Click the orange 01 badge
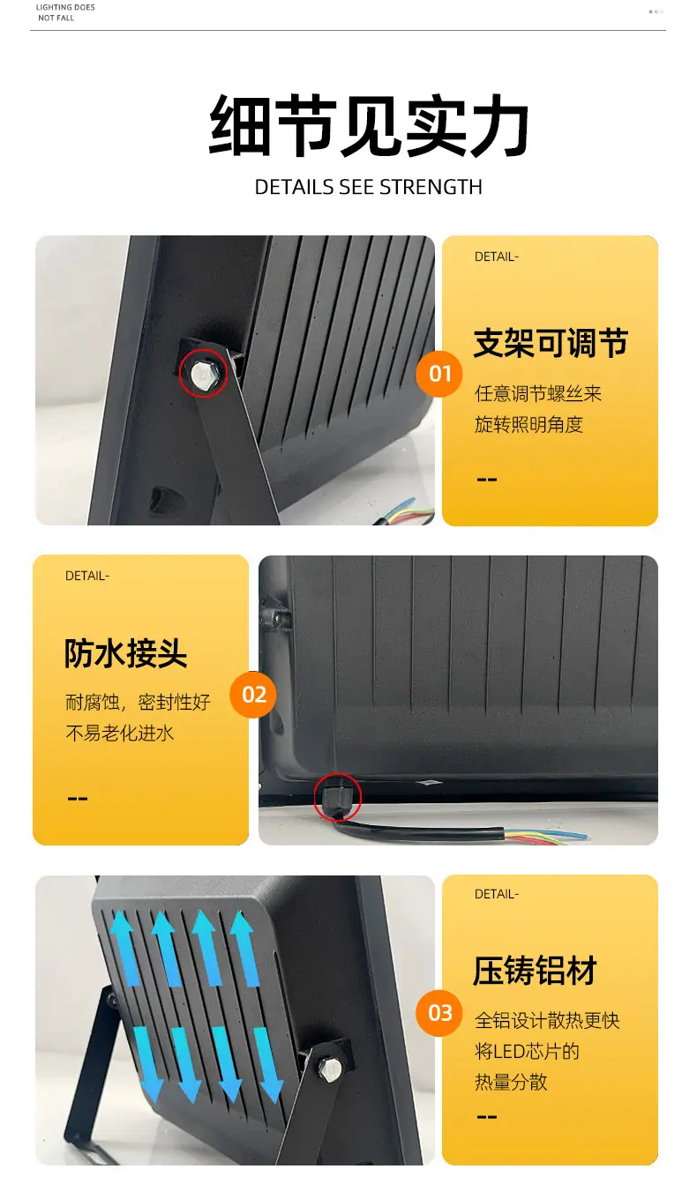tap(439, 374)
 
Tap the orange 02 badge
tap(253, 694)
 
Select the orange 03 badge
tap(439, 1013)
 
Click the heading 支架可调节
tap(551, 343)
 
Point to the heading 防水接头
tap(126, 653)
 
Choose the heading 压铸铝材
tap(535, 970)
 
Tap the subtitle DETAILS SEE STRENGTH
tap(369, 187)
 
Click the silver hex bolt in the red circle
tap(202, 373)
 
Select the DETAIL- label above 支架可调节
tap(497, 257)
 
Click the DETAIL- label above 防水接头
tap(87, 576)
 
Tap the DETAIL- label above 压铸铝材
tap(497, 894)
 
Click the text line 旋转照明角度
tap(528, 424)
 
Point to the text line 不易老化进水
tap(119, 733)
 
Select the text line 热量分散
tap(511, 1082)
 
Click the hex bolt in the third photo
tap(329, 1069)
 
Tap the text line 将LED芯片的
tap(528, 1051)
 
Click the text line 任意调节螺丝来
tap(538, 393)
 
